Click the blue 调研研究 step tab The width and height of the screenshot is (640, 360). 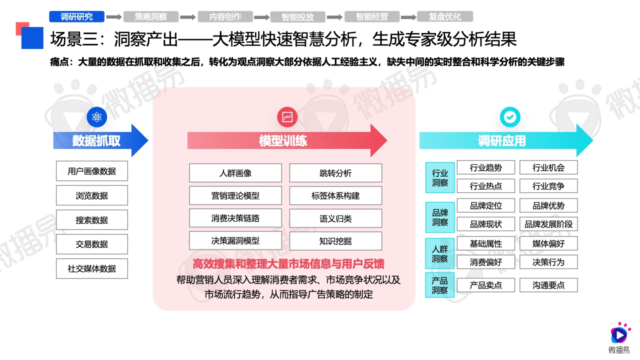(x=76, y=16)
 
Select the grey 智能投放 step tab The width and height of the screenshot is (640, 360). (x=297, y=17)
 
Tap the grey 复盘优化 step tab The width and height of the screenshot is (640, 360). (x=445, y=16)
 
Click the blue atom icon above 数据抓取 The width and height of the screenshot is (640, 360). (x=97, y=117)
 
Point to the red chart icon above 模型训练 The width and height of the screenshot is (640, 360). (x=287, y=117)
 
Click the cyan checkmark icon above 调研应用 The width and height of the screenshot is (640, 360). (x=510, y=117)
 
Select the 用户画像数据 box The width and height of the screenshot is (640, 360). (x=91, y=171)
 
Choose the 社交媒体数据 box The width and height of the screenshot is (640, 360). (x=91, y=268)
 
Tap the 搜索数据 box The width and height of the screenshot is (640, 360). (x=91, y=220)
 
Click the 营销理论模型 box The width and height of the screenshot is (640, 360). (x=235, y=195)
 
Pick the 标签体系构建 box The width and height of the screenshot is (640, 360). (x=335, y=195)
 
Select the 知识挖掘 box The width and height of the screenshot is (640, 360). (x=335, y=241)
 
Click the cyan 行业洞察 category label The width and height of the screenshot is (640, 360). (x=439, y=177)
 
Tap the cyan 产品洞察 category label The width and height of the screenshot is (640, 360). (x=439, y=285)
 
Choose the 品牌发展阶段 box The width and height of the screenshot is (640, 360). (x=548, y=224)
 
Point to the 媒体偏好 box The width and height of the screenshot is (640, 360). (x=548, y=243)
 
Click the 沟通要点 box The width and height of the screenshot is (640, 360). (x=548, y=285)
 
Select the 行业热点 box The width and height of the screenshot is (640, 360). (x=486, y=186)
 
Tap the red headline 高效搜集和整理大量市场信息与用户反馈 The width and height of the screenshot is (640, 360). (x=288, y=263)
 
